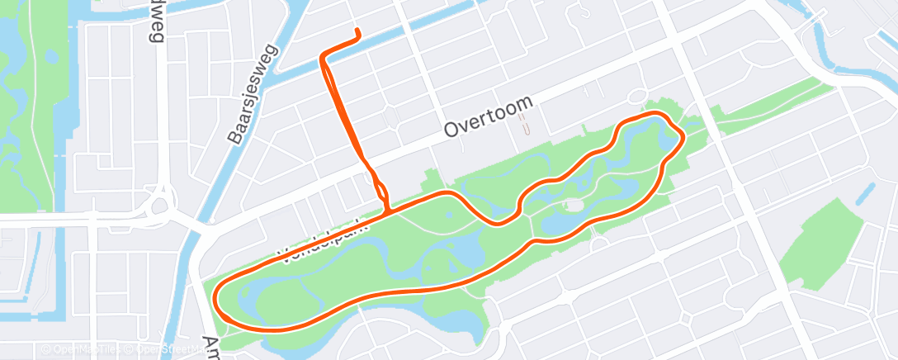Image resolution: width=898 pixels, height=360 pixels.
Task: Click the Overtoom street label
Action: coord(489,118)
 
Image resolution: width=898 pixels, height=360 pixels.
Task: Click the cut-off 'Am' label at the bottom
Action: coord(211,345)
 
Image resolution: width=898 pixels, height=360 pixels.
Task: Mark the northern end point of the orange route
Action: coord(357,31)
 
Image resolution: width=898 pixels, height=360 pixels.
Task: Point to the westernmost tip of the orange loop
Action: coord(217,299)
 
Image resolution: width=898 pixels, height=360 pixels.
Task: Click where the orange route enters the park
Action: coord(386,210)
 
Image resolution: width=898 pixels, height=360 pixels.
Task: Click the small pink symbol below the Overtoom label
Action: coord(523,126)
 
